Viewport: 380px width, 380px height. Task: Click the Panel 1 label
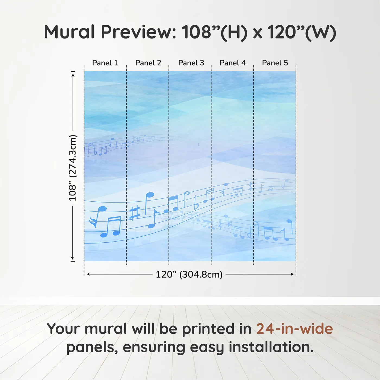point(105,63)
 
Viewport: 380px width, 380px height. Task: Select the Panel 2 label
point(148,63)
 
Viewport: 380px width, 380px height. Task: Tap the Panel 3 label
point(191,63)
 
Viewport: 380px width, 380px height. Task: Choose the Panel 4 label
point(233,63)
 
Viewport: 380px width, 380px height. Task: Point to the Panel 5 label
point(275,63)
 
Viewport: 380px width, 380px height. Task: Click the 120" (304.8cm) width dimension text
point(189,274)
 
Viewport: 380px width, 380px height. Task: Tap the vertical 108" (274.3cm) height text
point(73,168)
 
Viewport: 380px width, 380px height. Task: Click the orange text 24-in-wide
point(294,329)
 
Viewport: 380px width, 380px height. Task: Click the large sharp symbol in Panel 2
point(134,213)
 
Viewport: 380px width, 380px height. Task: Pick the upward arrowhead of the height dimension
point(73,74)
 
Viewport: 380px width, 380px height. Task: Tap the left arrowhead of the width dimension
point(88,274)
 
